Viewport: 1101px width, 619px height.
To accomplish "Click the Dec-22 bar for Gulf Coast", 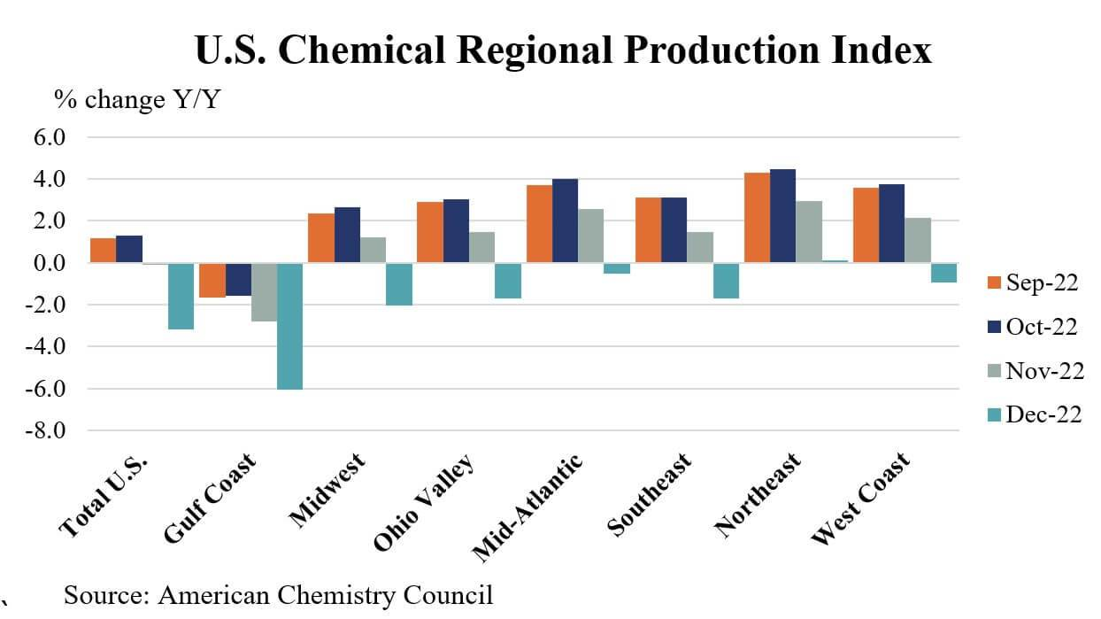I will click(289, 326).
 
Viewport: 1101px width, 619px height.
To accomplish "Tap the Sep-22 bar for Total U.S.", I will click(103, 251).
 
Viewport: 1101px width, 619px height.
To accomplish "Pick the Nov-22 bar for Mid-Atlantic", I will click(590, 236).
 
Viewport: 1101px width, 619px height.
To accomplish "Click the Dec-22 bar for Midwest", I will click(398, 283).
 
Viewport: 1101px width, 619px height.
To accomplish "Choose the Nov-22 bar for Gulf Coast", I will click(264, 291).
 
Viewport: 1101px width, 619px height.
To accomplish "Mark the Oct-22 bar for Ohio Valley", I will click(455, 231).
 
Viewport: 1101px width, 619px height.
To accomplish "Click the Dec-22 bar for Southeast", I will click(726, 281).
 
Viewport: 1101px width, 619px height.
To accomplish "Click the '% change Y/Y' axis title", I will click(138, 100).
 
